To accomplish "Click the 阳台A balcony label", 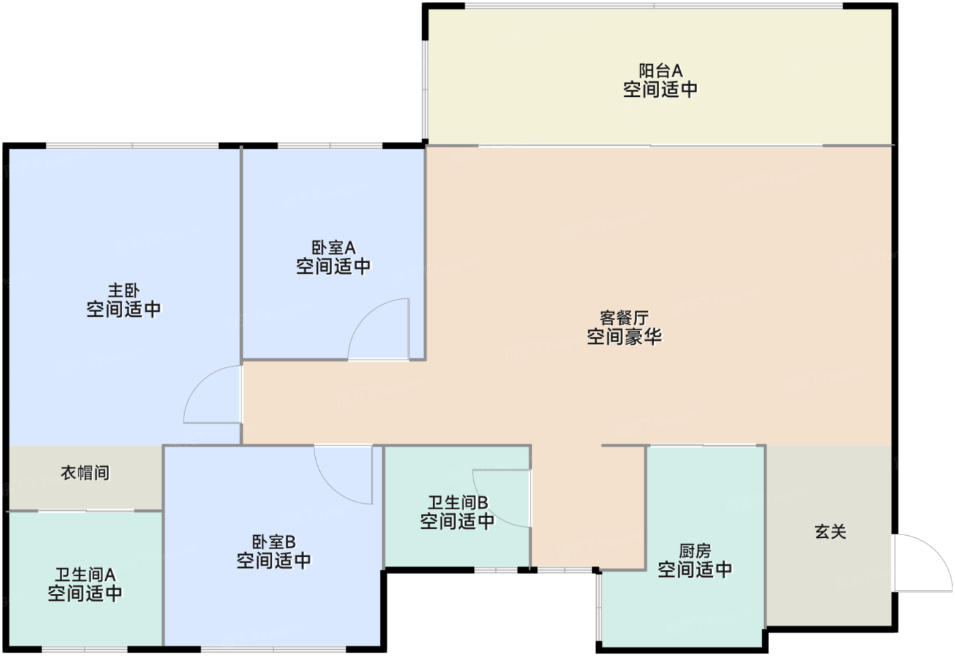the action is click(x=660, y=71).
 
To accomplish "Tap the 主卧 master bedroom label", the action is click(x=123, y=291).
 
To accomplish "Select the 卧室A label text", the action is click(x=334, y=248).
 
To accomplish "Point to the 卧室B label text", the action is click(x=274, y=542).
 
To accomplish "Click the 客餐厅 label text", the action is click(x=624, y=318).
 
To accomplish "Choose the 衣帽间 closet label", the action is click(x=85, y=472).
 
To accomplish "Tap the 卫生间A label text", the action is click(x=85, y=575).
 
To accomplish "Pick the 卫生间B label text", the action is click(x=458, y=503).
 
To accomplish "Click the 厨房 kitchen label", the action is click(x=695, y=551).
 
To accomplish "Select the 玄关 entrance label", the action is click(x=831, y=532).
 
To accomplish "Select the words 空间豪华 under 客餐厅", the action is click(x=624, y=337).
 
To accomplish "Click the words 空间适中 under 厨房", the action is click(x=695, y=570).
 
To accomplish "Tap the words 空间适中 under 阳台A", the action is click(x=660, y=89).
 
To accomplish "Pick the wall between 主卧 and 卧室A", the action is click(x=241, y=254).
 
